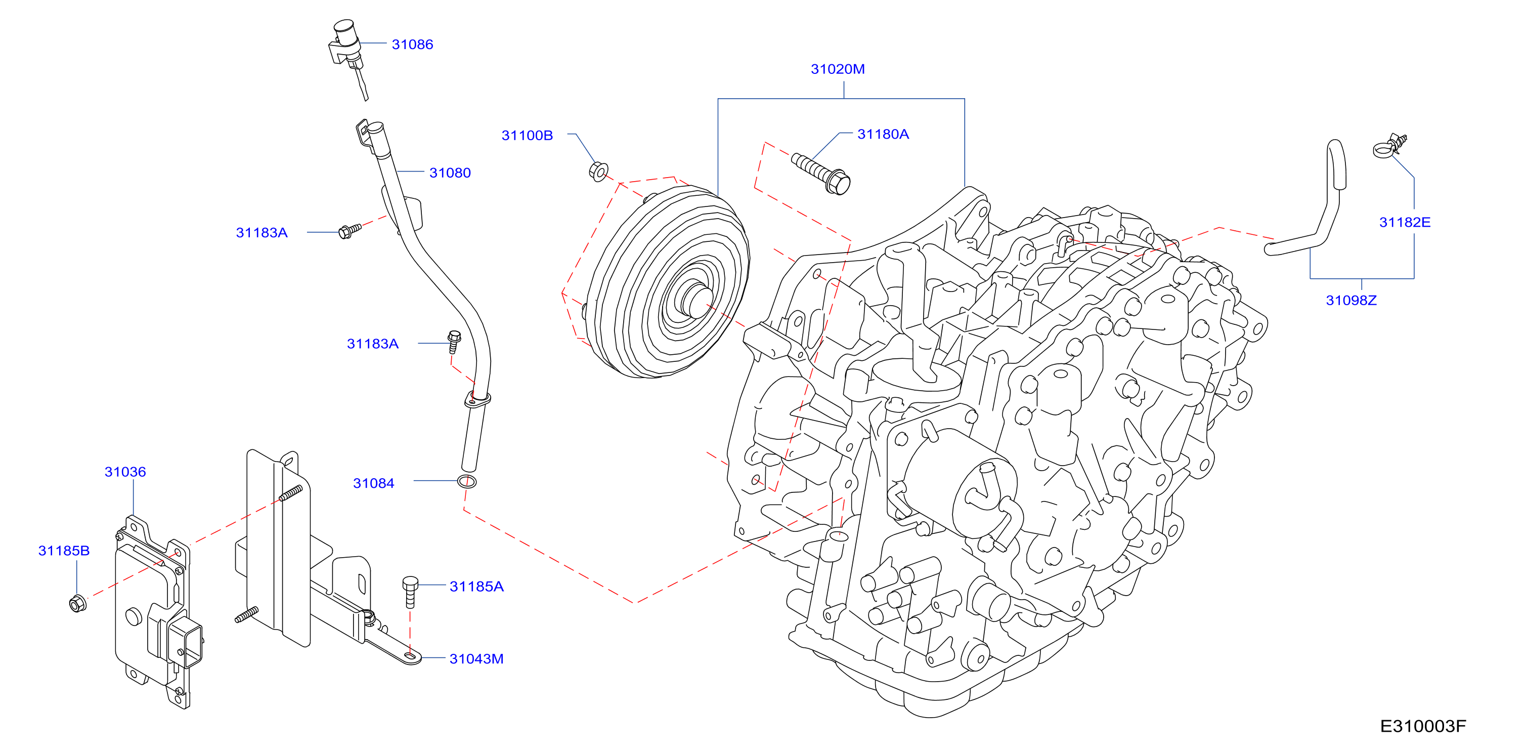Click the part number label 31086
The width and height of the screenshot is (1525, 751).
pos(412,45)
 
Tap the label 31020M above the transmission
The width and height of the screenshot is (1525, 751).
pos(837,69)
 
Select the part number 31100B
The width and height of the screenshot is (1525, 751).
pos(527,136)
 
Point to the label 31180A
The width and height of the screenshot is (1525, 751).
pos(883,135)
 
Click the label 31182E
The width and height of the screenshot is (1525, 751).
pos(1404,223)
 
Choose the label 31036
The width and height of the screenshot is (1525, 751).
pos(125,472)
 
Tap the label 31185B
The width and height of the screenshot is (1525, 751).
pos(64,551)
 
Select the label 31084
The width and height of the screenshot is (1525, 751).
pos(374,483)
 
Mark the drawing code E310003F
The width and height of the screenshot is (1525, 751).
pos(1423,726)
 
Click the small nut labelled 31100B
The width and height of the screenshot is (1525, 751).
pos(598,171)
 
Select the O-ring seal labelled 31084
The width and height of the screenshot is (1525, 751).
pos(467,481)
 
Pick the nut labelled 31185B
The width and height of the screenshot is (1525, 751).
pos(77,604)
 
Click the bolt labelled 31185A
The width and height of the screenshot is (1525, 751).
pos(410,592)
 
